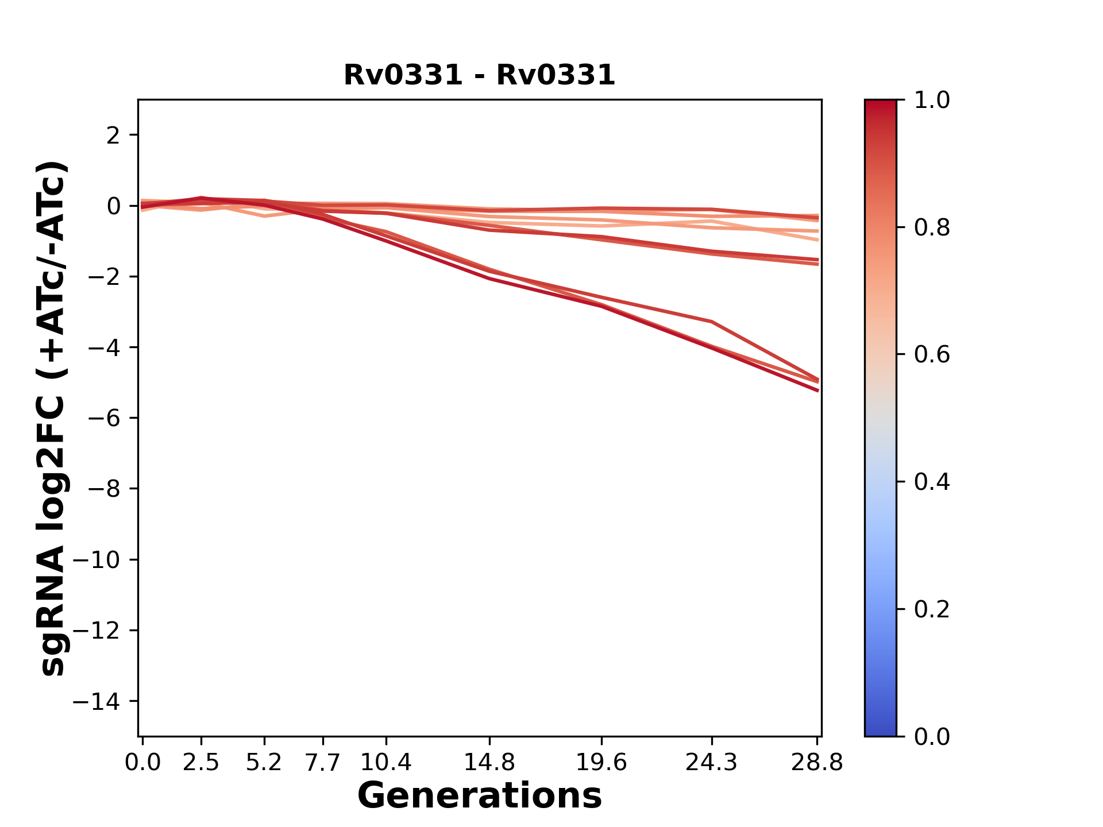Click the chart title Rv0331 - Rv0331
coord(479,75)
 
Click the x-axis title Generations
coord(479,795)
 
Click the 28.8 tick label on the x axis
coord(817,762)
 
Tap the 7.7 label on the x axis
coord(323,762)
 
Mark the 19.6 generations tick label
coord(601,762)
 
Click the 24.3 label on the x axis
coord(711,762)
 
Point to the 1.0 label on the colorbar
coord(932,101)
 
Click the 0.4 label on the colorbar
coord(932,482)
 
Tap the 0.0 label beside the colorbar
coord(932,737)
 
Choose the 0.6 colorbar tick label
coord(932,355)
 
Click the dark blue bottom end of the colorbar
coord(880,731)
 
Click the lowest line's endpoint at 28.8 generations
coord(817,391)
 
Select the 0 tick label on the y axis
coord(114,206)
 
